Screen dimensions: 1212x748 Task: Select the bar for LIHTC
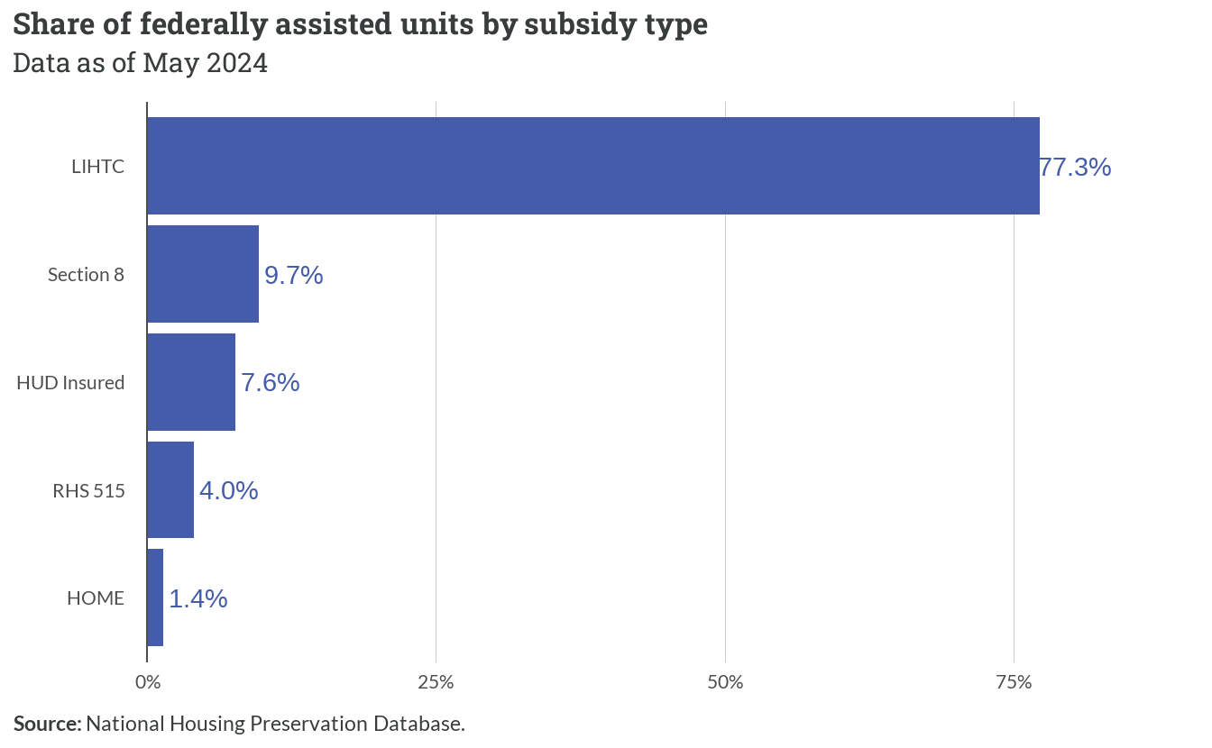point(593,166)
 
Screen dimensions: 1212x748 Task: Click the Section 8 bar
point(203,274)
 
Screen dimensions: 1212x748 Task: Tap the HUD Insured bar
point(191,382)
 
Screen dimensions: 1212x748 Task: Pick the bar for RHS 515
point(170,489)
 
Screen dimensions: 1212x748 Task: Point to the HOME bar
point(155,597)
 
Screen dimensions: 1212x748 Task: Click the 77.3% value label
point(1075,167)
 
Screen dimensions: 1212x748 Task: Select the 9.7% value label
point(294,275)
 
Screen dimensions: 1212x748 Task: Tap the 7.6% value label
point(271,383)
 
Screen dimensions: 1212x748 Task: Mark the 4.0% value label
point(229,491)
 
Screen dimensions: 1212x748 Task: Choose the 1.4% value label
point(198,599)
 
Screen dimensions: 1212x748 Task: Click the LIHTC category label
point(98,167)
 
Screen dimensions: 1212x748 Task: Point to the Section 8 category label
point(86,275)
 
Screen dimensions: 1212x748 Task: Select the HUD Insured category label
point(71,383)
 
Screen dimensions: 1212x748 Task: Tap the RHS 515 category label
point(88,491)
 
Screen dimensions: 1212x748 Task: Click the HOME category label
point(96,598)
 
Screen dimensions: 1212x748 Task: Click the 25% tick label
point(436,682)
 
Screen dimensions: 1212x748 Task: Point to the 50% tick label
point(725,682)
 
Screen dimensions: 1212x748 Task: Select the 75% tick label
point(1014,682)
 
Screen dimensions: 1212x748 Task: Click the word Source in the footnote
point(48,724)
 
